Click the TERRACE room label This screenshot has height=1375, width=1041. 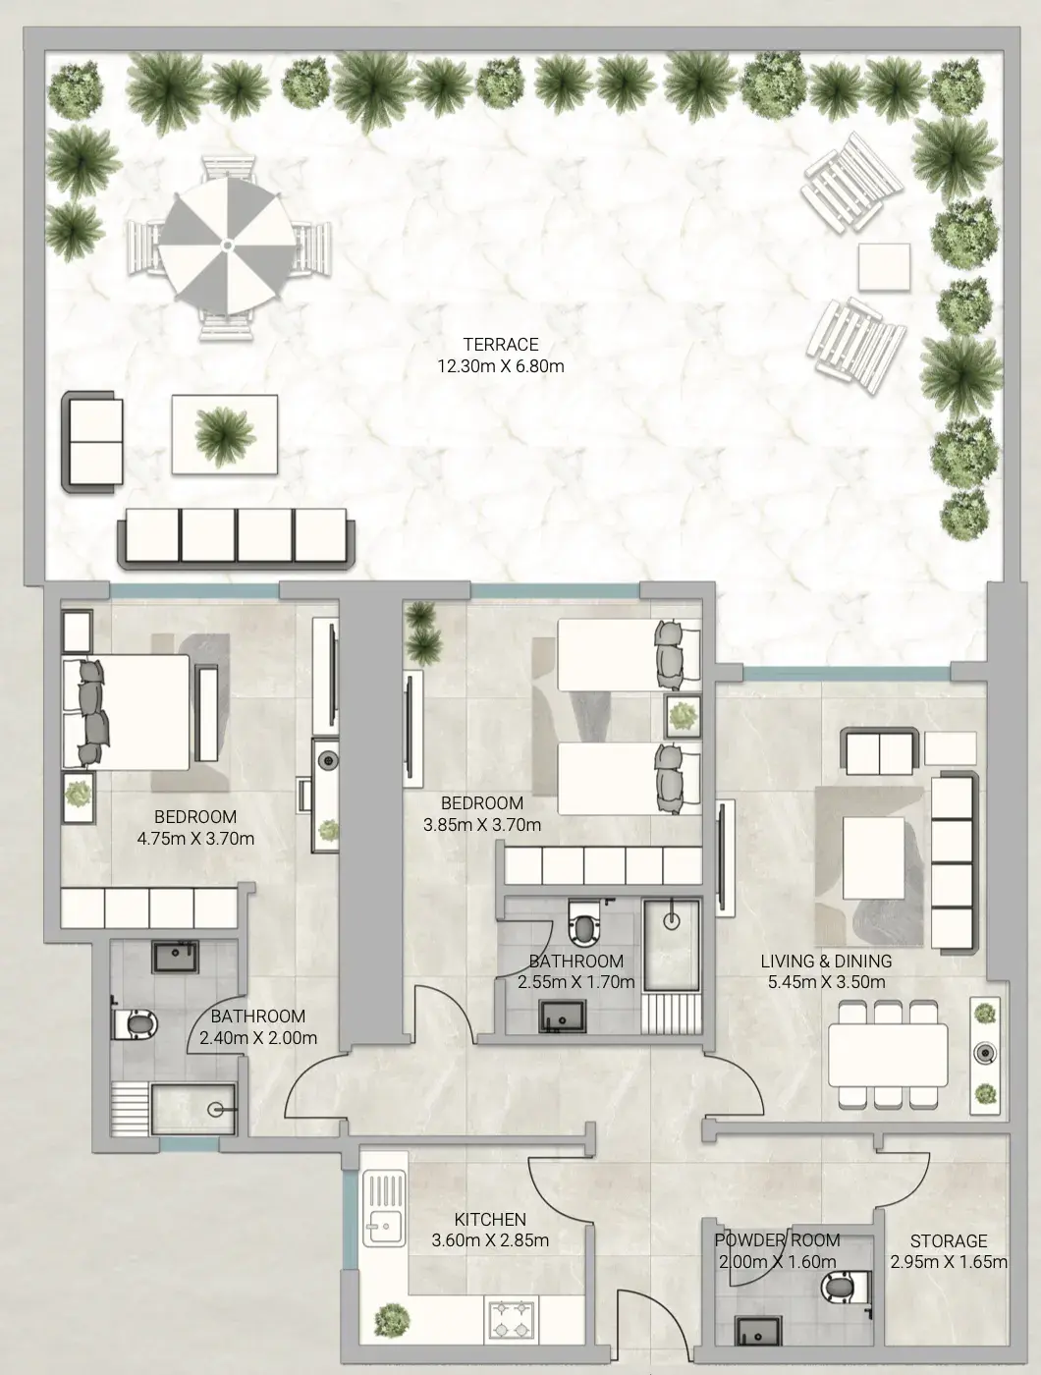pos(501,345)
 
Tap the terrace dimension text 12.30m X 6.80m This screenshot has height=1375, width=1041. pos(501,365)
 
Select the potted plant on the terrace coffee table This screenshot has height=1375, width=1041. pos(225,436)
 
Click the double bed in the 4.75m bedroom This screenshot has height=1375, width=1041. pos(126,712)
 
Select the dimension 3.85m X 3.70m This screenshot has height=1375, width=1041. pos(481,825)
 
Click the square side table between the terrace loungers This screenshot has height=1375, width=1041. pos(884,267)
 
